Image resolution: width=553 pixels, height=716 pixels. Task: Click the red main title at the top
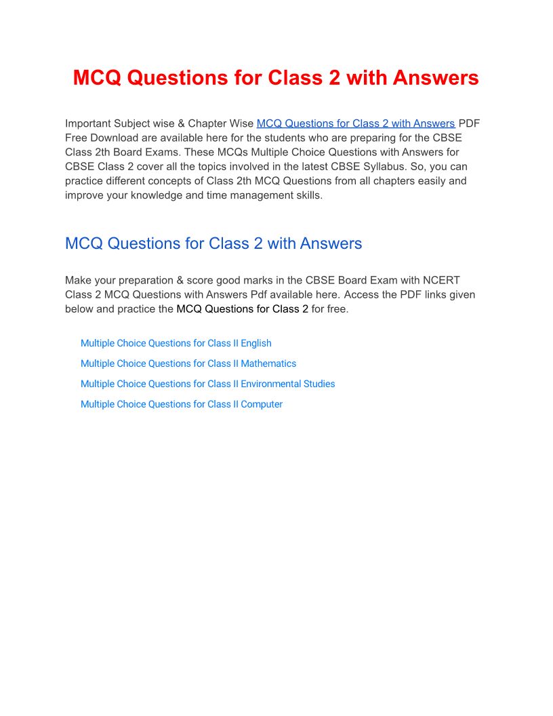coord(276,78)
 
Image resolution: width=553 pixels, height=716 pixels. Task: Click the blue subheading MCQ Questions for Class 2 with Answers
coord(213,243)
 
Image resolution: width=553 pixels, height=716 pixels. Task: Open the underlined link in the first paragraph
coord(356,123)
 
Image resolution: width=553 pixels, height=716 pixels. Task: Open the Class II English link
coord(176,343)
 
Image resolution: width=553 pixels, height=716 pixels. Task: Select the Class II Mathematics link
coord(188,363)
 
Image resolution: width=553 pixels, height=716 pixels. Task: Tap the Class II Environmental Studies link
coord(207,384)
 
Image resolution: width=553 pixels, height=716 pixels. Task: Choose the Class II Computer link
coord(181,404)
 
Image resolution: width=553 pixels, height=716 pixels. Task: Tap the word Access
coord(363,294)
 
